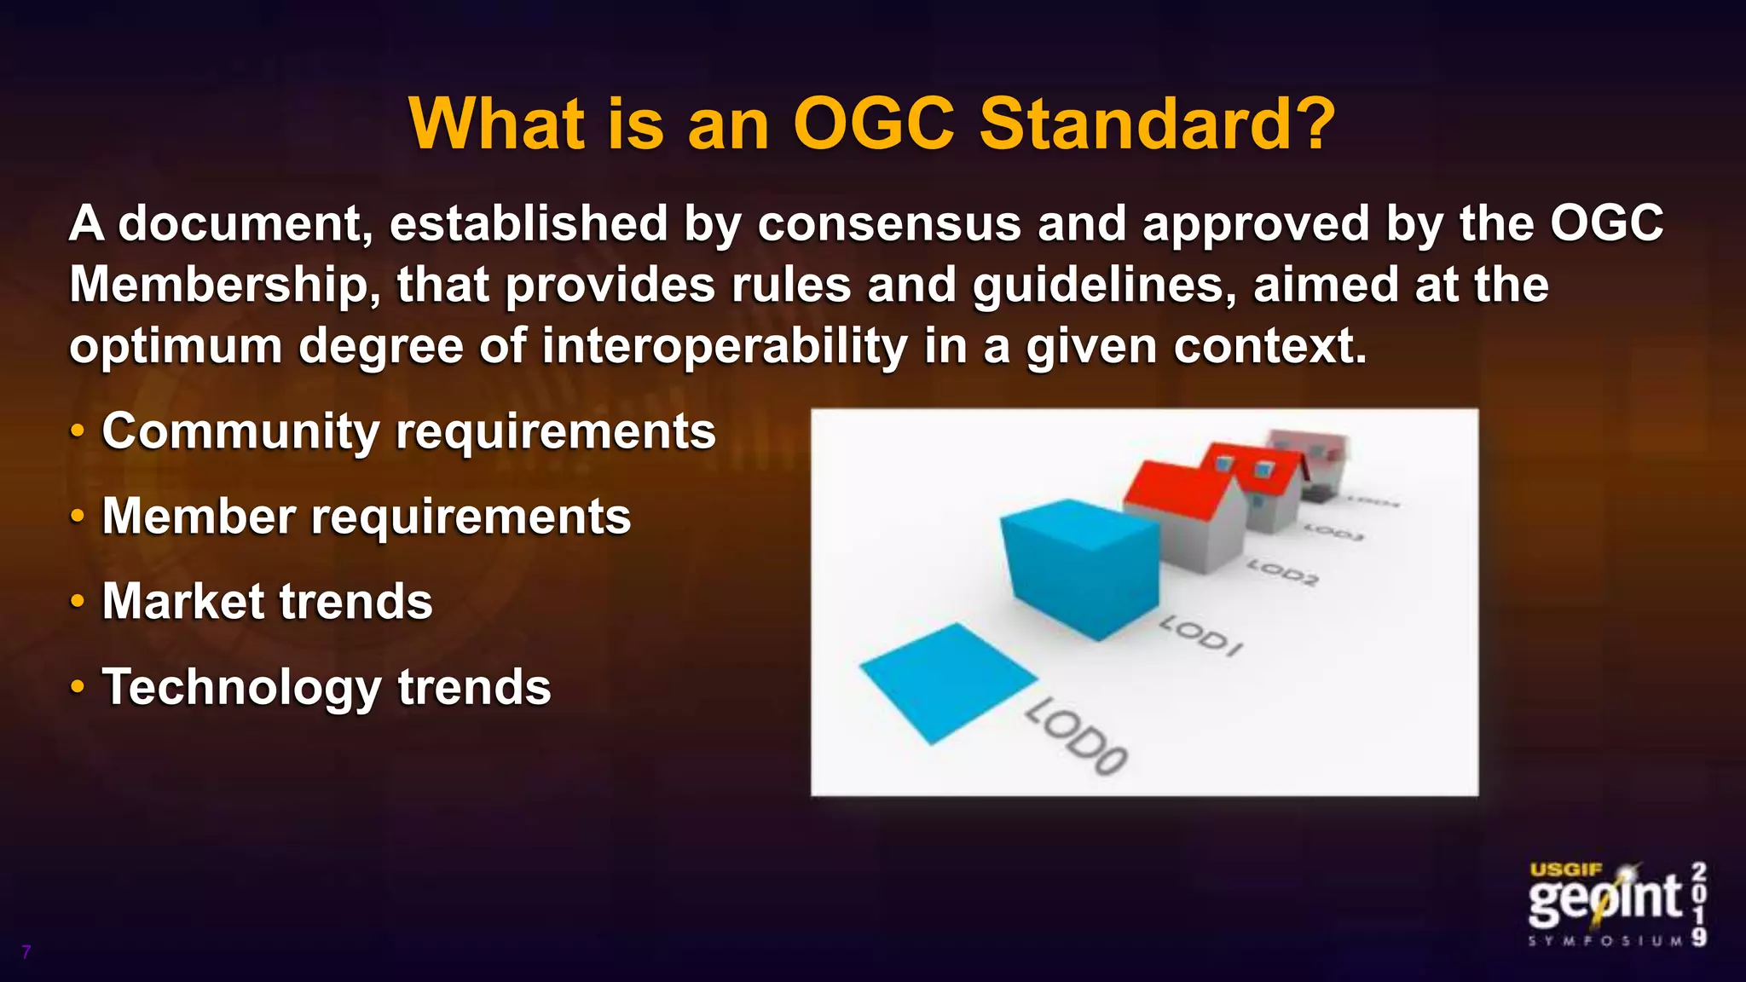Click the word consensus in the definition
[x=888, y=224]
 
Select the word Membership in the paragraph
[x=225, y=286]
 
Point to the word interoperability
[x=725, y=347]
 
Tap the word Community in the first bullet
[x=240, y=431]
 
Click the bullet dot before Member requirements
[x=78, y=517]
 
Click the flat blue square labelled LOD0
[x=948, y=682]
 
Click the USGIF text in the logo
[x=1566, y=870]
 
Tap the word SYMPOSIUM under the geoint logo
[x=1605, y=941]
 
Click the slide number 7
[x=26, y=952]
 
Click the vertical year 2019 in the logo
[x=1699, y=904]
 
